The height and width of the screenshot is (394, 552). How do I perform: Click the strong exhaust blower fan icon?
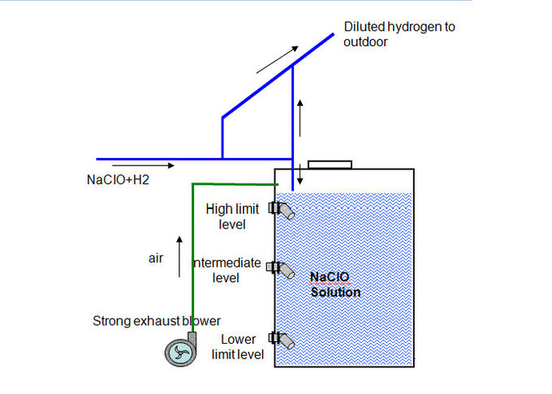point(181,352)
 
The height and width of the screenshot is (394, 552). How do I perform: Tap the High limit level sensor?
point(282,210)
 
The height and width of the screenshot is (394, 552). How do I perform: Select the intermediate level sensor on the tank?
point(281,270)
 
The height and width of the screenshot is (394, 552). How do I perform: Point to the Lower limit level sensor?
point(282,340)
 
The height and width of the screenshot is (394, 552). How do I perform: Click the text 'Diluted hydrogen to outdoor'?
point(399,34)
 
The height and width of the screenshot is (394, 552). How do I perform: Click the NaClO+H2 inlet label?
point(118,180)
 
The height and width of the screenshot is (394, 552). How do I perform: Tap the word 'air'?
point(156,259)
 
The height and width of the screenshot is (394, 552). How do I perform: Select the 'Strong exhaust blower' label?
point(157,321)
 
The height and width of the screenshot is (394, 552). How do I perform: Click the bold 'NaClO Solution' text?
point(335,285)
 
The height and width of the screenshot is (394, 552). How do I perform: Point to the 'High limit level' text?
point(232,216)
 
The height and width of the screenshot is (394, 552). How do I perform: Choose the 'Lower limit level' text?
point(238,347)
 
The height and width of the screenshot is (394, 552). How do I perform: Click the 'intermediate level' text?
point(227,270)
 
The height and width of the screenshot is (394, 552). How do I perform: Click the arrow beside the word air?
point(179,256)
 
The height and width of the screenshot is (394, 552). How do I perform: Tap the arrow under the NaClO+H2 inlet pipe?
point(144,165)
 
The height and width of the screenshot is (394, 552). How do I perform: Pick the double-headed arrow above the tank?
point(300,174)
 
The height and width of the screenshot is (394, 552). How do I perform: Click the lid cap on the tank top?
point(330,165)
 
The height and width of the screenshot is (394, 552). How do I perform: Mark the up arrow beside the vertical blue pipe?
point(300,118)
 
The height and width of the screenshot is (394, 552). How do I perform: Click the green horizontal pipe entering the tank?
point(235,184)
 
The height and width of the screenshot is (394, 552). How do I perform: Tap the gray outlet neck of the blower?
point(192,338)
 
